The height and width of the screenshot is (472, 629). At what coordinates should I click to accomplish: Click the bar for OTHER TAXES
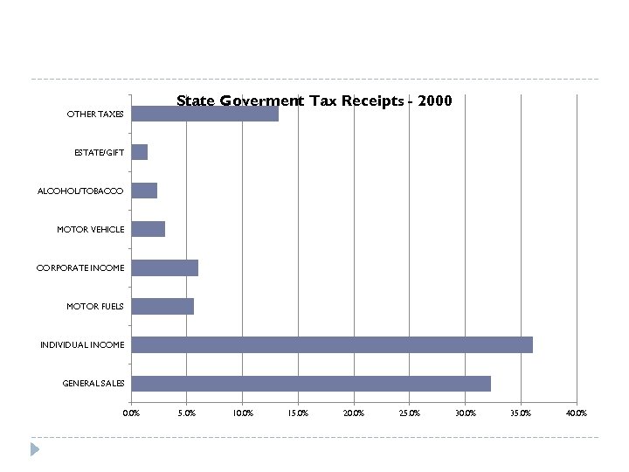204,114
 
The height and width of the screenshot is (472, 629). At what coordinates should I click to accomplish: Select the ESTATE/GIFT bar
139,152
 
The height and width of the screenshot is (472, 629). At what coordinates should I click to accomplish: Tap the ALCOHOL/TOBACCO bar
144,191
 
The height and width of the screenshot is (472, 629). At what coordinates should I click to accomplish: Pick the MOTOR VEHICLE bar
148,229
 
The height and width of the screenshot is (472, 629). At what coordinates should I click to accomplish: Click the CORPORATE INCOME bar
164,267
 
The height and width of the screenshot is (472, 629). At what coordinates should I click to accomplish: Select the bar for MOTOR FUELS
162,306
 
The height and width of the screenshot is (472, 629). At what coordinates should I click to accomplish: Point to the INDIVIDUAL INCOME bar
331,344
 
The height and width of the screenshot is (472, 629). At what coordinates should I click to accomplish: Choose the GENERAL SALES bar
310,383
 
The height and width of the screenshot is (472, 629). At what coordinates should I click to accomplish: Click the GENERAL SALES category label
93,383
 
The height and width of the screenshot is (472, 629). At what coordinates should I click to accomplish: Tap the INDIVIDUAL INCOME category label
82,345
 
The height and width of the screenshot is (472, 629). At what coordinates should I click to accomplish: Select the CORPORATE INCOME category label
80,268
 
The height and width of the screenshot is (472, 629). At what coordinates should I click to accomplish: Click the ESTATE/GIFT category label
99,153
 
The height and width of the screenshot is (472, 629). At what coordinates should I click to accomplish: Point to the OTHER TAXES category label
95,115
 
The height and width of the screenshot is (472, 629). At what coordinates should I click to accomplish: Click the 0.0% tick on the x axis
131,413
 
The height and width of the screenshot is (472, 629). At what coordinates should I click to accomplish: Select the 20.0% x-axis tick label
354,413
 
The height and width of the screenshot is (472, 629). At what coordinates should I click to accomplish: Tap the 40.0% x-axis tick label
576,413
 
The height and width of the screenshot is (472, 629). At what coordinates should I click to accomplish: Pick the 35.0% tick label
521,413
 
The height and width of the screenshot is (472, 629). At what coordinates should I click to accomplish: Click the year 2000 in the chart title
435,101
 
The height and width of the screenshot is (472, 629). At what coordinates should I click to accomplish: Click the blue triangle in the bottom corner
35,449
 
